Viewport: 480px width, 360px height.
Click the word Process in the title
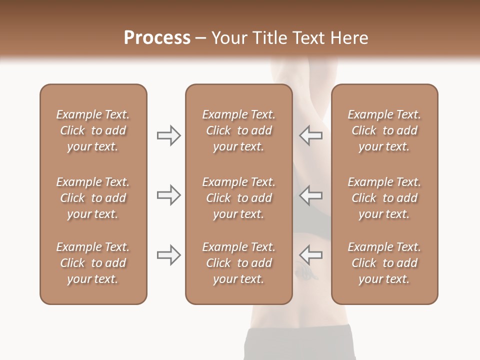click(157, 38)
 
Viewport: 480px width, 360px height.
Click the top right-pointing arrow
click(168, 135)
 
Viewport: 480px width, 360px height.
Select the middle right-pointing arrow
click(168, 195)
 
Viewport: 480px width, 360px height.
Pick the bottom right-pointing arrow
click(168, 255)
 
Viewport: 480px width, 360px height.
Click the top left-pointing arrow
click(311, 135)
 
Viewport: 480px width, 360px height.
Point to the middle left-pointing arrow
click(311, 195)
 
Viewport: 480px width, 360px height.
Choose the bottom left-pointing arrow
click(311, 255)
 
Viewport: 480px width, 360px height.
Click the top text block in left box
click(93, 130)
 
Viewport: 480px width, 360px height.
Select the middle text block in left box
click(93, 198)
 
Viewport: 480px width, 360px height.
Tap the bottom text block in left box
click(93, 263)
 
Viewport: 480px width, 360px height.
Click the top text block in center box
click(239, 130)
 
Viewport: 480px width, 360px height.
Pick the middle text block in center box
click(239, 198)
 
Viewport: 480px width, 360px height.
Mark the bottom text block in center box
click(239, 263)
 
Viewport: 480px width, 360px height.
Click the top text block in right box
click(384, 130)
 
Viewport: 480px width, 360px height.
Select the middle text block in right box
click(384, 198)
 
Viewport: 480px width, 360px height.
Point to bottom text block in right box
click(384, 263)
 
